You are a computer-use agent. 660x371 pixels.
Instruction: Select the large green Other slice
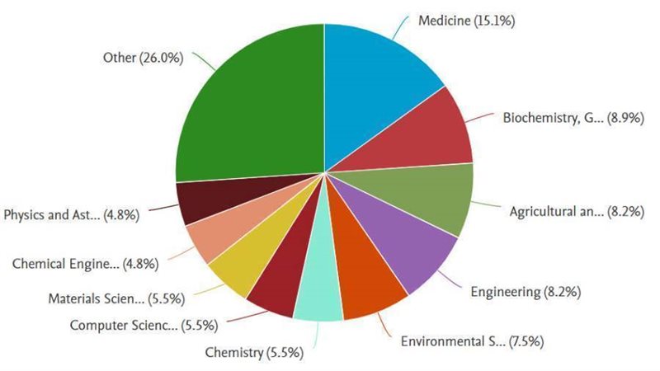click(247, 107)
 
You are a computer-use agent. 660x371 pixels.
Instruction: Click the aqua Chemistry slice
click(318, 297)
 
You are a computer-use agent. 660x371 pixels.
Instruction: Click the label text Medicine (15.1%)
click(466, 21)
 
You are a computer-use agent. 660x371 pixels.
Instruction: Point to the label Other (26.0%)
click(143, 58)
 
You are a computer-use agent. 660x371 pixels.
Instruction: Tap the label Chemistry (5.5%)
click(254, 353)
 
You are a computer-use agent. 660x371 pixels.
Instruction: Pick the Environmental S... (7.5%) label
click(471, 340)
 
